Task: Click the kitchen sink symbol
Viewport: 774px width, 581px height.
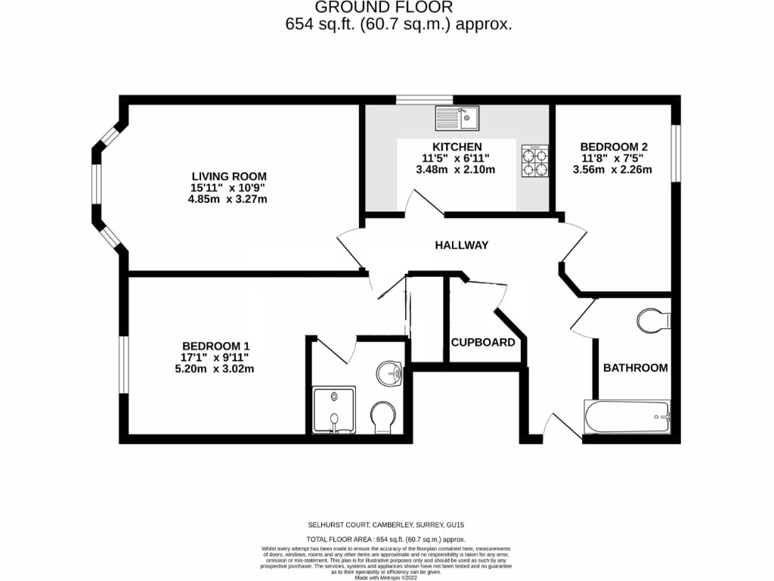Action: [457, 118]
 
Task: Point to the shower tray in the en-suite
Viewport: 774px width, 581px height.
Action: [333, 411]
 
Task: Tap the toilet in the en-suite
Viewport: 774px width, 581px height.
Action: [383, 416]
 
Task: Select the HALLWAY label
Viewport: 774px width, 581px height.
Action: [461, 245]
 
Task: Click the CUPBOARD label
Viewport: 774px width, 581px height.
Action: [483, 342]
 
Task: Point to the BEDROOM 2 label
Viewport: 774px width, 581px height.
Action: [613, 147]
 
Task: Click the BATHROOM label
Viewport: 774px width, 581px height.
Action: [635, 368]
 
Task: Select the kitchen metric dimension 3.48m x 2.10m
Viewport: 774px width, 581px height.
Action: [456, 169]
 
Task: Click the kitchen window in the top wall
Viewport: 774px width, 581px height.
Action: [424, 99]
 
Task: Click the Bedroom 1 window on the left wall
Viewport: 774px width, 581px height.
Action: [123, 365]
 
